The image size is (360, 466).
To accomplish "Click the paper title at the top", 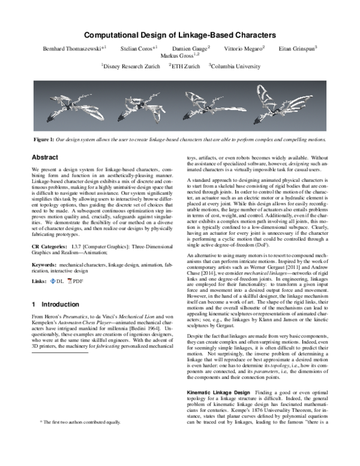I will [179, 35].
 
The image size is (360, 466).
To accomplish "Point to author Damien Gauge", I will [190, 47].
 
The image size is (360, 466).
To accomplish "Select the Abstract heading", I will [46, 157].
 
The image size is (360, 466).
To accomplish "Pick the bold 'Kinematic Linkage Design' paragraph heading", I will [218, 392].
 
